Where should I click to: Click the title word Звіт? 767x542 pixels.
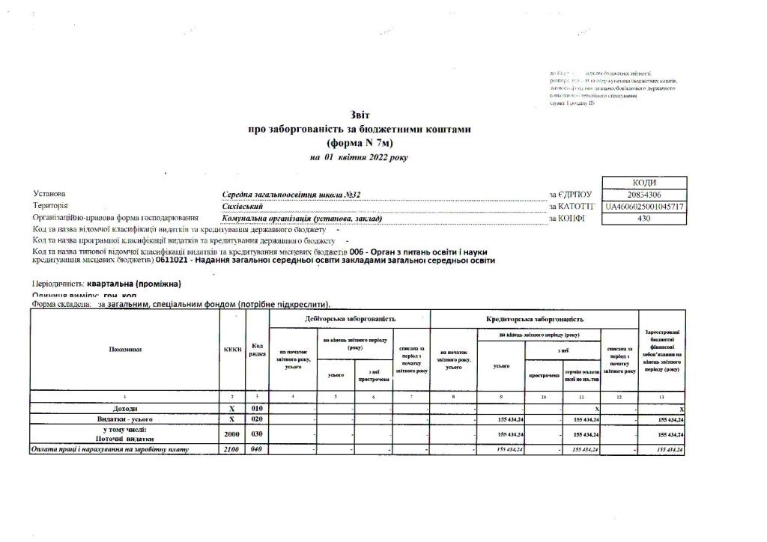click(359, 115)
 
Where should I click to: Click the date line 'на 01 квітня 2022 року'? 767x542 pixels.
click(359, 157)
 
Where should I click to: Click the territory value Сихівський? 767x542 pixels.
click(242, 206)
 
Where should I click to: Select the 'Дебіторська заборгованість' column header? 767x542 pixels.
click(350, 319)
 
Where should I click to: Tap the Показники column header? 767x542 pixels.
click(125, 350)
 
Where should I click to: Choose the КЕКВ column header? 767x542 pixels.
click(232, 350)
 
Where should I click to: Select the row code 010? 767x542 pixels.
click(256, 409)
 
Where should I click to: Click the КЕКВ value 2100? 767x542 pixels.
click(232, 449)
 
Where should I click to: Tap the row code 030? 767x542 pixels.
click(256, 434)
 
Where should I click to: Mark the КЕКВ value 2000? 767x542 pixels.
click(232, 434)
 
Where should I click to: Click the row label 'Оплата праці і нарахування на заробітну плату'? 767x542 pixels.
click(109, 449)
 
